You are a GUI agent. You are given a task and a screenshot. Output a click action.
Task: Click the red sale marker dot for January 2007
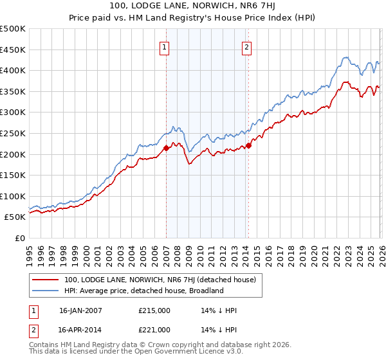tap(166, 148)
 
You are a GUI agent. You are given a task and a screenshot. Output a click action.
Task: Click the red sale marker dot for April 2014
tap(248, 145)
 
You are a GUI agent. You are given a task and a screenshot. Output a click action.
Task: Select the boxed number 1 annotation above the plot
tap(165, 46)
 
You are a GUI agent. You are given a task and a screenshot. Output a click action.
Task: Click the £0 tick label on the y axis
tap(21, 238)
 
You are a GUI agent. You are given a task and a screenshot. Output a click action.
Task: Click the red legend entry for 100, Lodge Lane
tap(160, 280)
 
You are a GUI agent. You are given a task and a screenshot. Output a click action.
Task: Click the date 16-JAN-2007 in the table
tap(80, 310)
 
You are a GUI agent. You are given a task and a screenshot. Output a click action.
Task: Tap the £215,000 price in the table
tap(154, 310)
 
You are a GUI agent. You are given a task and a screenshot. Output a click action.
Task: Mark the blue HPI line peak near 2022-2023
tap(345, 57)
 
